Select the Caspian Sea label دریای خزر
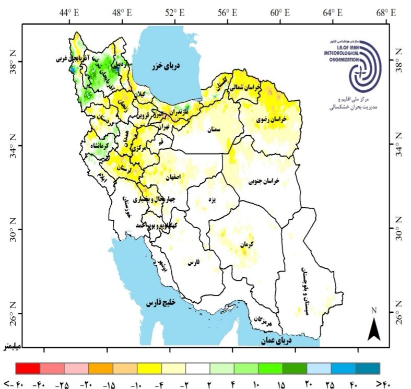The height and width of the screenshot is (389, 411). pos(166,66)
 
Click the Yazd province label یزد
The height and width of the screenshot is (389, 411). pos(211,200)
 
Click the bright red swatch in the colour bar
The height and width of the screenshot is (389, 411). pos(28,368)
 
